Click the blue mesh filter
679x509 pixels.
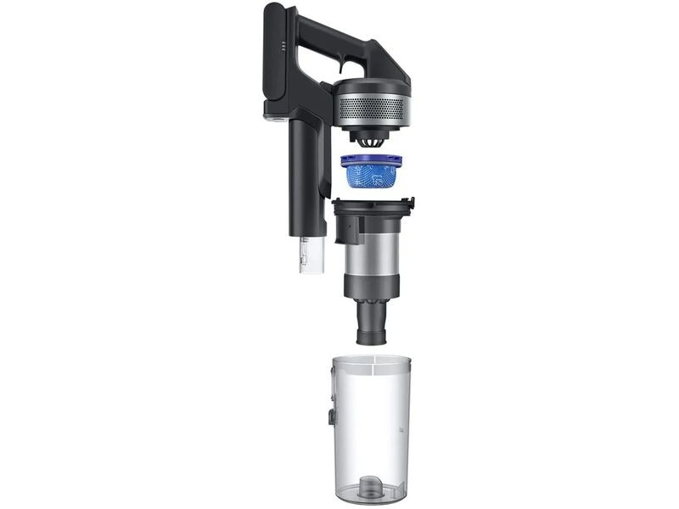pos(370,176)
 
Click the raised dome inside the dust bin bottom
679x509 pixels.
pos(371,486)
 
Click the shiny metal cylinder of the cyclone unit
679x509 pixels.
pos(370,259)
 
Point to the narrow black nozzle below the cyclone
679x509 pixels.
pos(370,322)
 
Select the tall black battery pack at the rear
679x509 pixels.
pos(278,59)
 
